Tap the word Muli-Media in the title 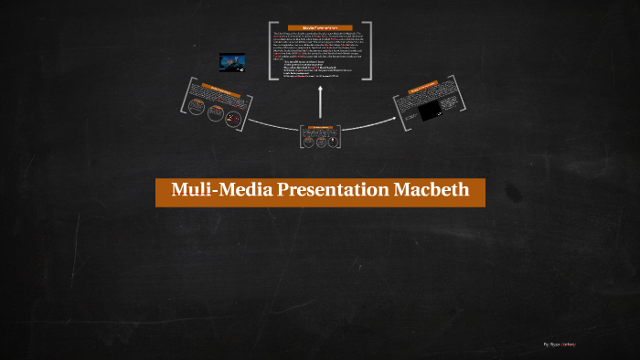(211, 192)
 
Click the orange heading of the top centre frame (320, 27)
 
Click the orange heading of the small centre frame (320, 127)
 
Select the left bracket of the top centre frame (272, 51)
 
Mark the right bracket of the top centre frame (369, 51)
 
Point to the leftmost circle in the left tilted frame (196, 106)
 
